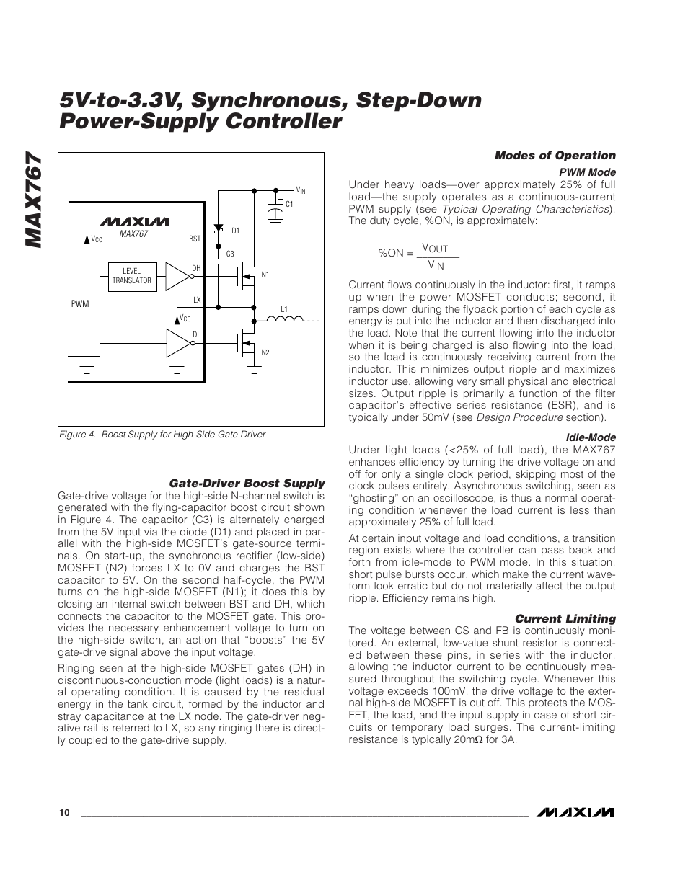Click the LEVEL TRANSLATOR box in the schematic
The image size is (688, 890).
tap(132, 276)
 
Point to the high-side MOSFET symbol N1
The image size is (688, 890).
tap(246, 275)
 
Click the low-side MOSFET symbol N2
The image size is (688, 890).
tap(246, 342)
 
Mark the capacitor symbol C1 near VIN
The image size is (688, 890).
tap(275, 205)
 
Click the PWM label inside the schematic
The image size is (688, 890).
tap(79, 304)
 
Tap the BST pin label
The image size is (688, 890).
tap(194, 238)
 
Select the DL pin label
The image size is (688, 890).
tap(195, 334)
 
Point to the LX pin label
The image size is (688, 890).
tap(196, 299)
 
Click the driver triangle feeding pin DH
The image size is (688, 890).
tap(176, 275)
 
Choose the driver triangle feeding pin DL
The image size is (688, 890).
tap(176, 342)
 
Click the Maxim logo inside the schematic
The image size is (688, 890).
tap(134, 221)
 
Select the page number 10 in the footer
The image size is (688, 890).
tap(64, 813)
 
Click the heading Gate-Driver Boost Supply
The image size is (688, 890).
tap(247, 484)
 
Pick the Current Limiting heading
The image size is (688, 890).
tap(565, 618)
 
